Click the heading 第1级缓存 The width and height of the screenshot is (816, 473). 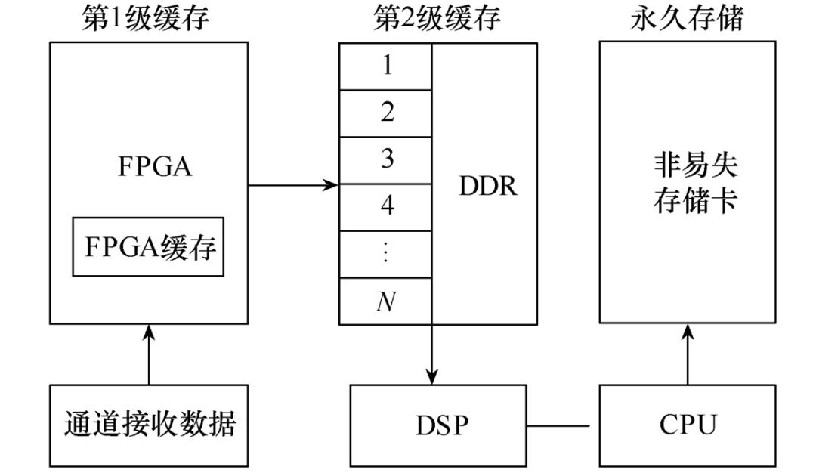click(145, 19)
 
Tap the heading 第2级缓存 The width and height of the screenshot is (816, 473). click(437, 19)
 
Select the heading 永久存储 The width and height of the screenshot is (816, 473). click(687, 19)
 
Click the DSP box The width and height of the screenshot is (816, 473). click(437, 425)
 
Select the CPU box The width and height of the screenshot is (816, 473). click(687, 425)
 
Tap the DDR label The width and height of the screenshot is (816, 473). click(488, 185)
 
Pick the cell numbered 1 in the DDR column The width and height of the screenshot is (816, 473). click(386, 66)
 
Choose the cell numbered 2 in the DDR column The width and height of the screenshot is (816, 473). click(386, 113)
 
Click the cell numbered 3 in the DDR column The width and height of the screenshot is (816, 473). click(386, 160)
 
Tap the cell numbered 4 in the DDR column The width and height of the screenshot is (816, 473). click(386, 207)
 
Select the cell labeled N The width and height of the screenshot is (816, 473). click(386, 302)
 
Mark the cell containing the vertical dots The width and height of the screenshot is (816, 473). click(386, 254)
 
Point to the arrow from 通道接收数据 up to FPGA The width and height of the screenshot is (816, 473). click(149, 354)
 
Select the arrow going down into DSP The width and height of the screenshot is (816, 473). click(432, 354)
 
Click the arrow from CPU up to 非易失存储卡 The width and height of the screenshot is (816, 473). click(688, 354)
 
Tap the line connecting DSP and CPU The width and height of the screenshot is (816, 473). click(562, 425)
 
